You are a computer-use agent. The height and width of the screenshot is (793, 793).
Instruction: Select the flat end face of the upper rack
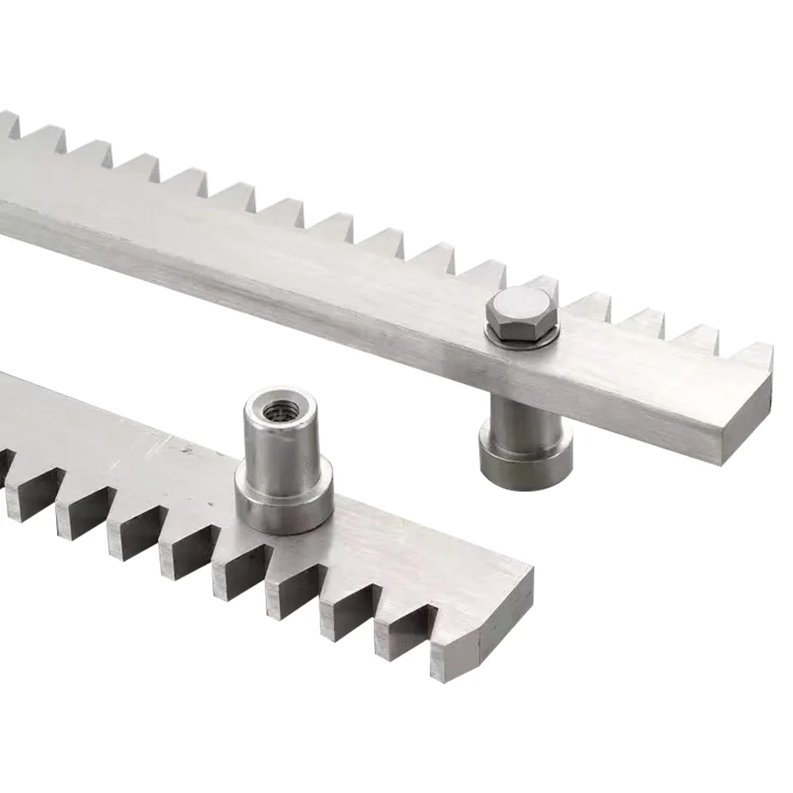point(748,416)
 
